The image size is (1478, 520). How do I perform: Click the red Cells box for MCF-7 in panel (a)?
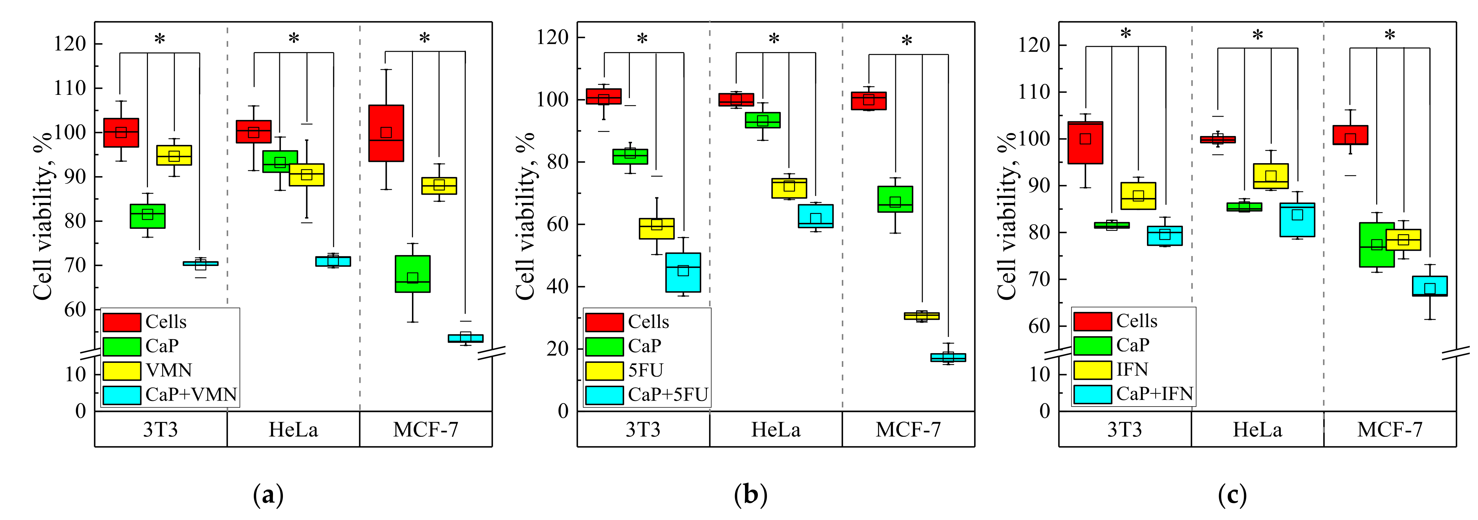pos(386,133)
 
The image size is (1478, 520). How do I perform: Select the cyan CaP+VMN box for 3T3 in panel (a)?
pos(200,263)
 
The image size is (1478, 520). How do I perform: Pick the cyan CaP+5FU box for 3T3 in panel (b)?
pos(683,272)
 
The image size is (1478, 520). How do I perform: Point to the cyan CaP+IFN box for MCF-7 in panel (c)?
pos(1430,286)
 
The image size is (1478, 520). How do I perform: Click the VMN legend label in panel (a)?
pos(169,370)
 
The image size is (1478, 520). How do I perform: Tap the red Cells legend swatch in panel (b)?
pos(604,322)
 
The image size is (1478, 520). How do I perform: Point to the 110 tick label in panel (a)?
pos(69,88)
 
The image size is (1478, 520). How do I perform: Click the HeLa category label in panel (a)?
pos(293,430)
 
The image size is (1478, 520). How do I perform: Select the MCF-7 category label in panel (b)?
pos(908,430)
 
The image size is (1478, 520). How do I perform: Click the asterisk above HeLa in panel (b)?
pos(774,39)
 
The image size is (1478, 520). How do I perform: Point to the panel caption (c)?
pos(1232,495)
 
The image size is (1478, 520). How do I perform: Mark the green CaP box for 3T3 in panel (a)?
pos(148,216)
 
